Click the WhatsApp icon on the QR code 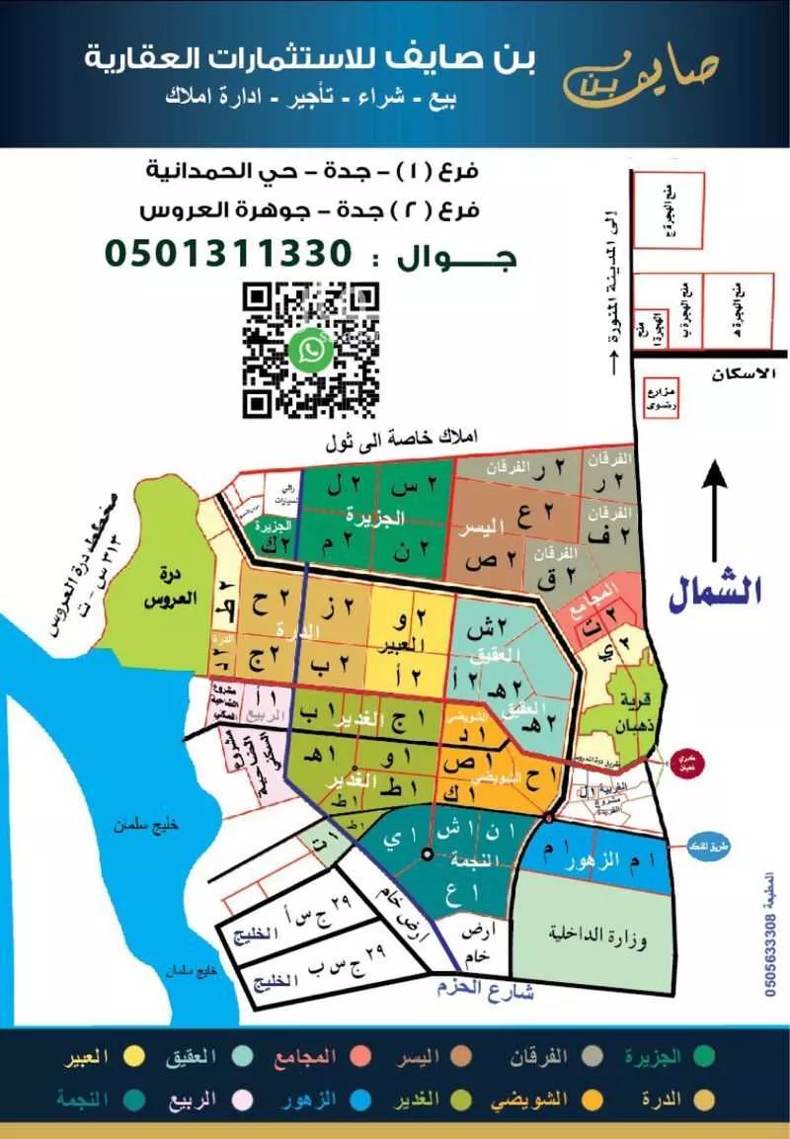(x=311, y=348)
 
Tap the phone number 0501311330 (x=228, y=254)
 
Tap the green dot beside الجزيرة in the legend (x=703, y=1057)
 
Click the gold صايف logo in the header (x=642, y=73)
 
